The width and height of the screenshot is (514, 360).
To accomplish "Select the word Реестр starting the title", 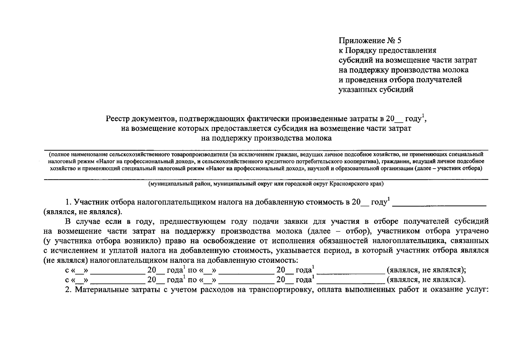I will coord(117,119).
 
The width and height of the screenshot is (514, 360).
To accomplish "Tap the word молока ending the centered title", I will coord(319,138).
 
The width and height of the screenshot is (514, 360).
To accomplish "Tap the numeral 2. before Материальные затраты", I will coord(69,289).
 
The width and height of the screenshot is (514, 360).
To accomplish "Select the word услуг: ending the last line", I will coord(477,289).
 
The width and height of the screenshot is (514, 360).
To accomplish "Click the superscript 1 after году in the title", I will coord(423,116).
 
